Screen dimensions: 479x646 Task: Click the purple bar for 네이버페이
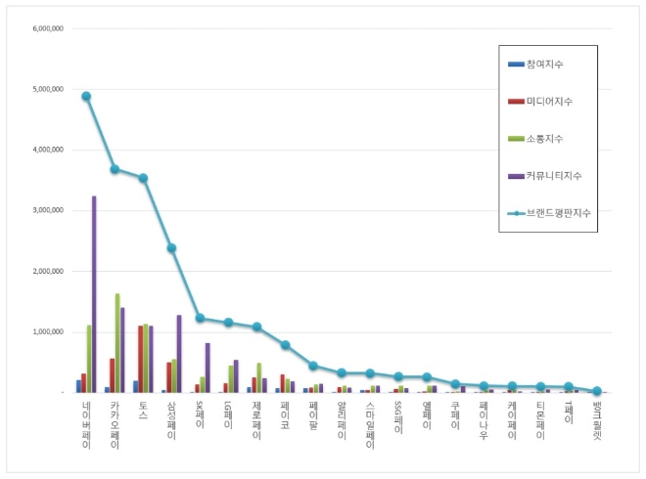click(94, 294)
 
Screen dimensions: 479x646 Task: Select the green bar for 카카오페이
click(117, 343)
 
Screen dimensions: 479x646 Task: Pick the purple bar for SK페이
click(208, 368)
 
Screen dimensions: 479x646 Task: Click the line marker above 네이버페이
click(86, 96)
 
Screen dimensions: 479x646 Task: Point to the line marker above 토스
click(143, 178)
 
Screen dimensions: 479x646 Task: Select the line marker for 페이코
click(285, 345)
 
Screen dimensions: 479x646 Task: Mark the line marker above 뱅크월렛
click(597, 391)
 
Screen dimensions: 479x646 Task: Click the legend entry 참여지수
click(544, 65)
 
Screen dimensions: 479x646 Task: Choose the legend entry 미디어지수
click(549, 102)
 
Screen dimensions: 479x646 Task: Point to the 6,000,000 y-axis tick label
click(48, 28)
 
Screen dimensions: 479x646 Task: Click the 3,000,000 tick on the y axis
click(48, 210)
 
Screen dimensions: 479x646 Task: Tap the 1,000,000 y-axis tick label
click(48, 332)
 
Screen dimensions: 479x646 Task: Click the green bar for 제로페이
click(258, 377)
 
